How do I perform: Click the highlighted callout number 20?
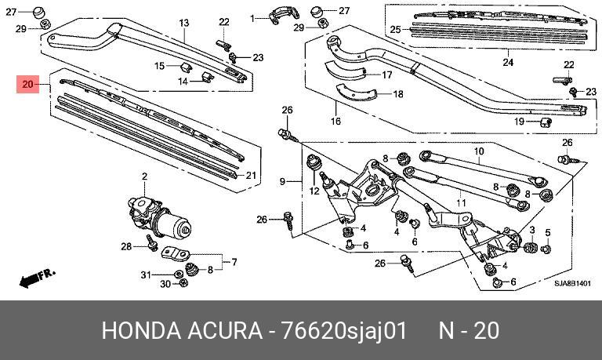28,84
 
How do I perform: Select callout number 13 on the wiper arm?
185,24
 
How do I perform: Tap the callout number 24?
507,63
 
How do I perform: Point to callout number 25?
396,30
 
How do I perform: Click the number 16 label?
335,122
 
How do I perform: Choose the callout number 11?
461,204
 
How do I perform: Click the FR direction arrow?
36,277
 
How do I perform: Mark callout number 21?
252,174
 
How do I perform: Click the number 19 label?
518,121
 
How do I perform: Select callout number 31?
144,274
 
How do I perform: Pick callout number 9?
284,182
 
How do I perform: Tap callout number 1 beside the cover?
253,17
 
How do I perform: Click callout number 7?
233,261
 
